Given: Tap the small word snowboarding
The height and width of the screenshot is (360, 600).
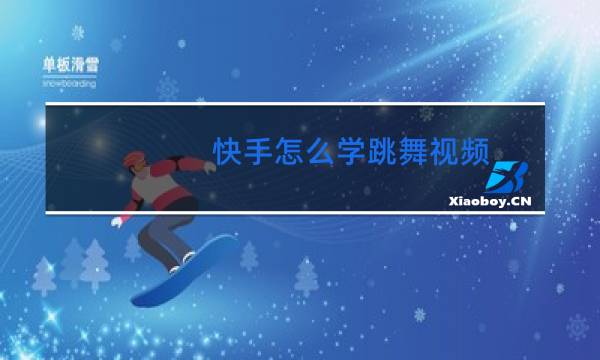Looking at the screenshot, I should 69,85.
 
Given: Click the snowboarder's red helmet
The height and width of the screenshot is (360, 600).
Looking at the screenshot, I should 133,160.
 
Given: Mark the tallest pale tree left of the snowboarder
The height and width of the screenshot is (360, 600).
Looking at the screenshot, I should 96,262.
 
